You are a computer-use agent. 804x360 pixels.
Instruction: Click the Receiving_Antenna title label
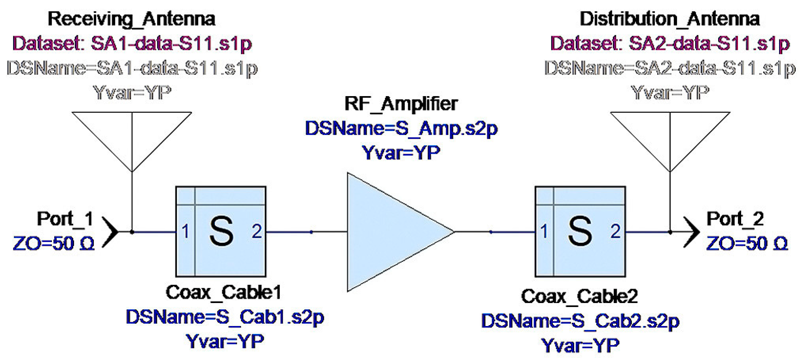click(131, 19)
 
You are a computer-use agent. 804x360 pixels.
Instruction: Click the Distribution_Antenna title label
click(669, 19)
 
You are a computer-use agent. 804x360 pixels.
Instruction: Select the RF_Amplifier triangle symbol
click(392, 232)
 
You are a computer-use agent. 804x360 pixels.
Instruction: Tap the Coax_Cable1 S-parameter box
click(221, 231)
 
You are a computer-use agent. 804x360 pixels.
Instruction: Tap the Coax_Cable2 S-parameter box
click(580, 231)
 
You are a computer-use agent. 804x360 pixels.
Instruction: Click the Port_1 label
click(65, 219)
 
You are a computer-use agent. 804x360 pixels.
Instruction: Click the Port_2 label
click(735, 219)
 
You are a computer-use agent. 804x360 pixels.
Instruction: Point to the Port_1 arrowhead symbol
click(111, 232)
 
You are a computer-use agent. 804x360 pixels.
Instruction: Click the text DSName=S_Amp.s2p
click(401, 129)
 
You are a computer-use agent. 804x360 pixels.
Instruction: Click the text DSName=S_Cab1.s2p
click(225, 317)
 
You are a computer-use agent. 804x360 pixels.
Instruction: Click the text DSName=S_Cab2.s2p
click(580, 321)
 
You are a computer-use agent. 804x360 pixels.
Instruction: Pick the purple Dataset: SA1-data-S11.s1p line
click(132, 44)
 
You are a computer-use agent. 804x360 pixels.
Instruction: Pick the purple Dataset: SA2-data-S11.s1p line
click(670, 44)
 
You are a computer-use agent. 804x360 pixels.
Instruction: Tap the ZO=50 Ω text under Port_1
click(54, 244)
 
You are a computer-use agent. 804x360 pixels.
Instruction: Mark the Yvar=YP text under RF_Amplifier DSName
click(401, 153)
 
